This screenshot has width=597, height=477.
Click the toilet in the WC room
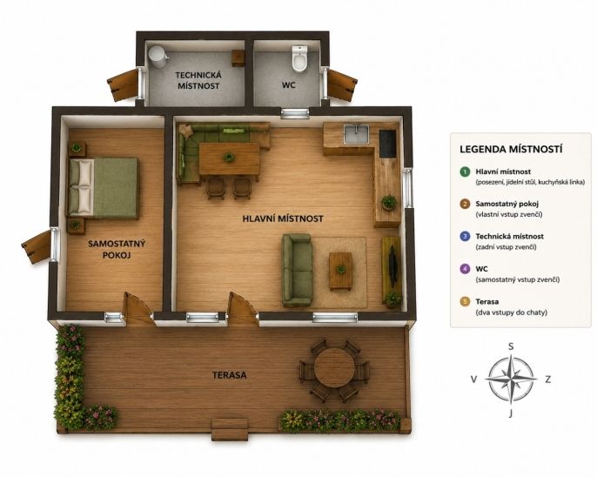[298, 58]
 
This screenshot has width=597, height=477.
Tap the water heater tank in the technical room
[157, 57]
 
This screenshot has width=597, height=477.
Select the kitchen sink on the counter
[356, 134]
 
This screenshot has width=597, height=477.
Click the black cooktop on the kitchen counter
[387, 143]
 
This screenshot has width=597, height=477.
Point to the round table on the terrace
[334, 368]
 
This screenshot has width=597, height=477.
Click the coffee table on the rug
[340, 271]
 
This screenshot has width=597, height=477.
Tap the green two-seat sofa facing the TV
[297, 271]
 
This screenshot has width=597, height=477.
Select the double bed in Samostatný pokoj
[104, 188]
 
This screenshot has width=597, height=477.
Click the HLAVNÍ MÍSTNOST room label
[283, 218]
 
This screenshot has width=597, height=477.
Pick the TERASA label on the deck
[230, 375]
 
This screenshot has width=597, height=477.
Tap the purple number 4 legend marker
[465, 269]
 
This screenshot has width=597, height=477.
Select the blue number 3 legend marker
[465, 237]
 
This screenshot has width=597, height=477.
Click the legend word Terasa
[487, 301]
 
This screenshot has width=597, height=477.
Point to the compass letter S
[512, 346]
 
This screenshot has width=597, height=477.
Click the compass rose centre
[512, 380]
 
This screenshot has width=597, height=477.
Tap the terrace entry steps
[231, 429]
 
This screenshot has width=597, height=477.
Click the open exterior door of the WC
[342, 84]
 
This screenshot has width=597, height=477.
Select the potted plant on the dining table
[229, 157]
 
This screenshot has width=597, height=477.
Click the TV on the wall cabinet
[392, 264]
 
